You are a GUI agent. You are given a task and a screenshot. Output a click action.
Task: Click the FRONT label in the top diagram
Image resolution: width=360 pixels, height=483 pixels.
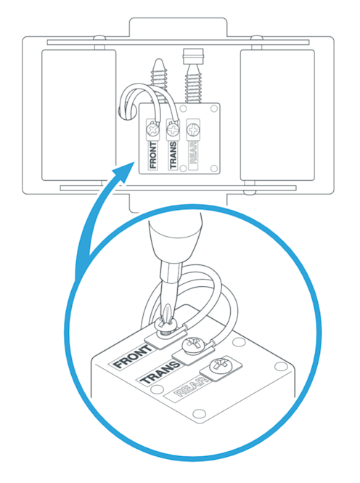tap(153, 155)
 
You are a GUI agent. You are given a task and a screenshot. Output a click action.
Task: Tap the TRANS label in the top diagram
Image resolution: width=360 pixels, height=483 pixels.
tap(173, 155)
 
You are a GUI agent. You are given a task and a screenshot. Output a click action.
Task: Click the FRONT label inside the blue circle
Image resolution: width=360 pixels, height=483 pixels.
tap(132, 357)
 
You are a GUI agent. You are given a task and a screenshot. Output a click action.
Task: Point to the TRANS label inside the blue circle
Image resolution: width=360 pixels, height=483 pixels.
tap(160, 373)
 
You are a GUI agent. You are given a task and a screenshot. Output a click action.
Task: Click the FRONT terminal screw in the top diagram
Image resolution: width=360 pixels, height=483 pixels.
tap(153, 130)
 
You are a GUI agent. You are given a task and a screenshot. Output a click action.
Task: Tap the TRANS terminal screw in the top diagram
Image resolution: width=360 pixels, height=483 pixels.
tap(173, 130)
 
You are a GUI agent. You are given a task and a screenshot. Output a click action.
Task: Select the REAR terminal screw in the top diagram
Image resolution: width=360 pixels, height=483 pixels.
tap(193, 130)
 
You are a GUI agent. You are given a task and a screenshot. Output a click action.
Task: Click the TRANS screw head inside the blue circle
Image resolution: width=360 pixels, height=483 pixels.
tap(194, 345)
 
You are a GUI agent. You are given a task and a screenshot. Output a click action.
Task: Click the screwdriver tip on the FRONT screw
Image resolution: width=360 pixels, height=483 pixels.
tap(167, 321)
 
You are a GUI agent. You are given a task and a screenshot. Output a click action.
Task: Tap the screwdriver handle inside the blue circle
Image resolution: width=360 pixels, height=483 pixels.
tap(176, 238)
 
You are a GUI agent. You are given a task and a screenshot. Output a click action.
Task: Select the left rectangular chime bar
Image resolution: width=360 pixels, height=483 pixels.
tap(79, 115)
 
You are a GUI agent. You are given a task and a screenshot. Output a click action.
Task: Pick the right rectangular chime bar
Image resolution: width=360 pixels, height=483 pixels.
tap(277, 115)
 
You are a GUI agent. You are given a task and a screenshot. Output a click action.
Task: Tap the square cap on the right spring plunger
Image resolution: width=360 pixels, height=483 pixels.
tap(193, 57)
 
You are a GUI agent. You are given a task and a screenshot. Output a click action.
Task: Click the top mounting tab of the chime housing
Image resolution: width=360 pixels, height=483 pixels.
tap(178, 28)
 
